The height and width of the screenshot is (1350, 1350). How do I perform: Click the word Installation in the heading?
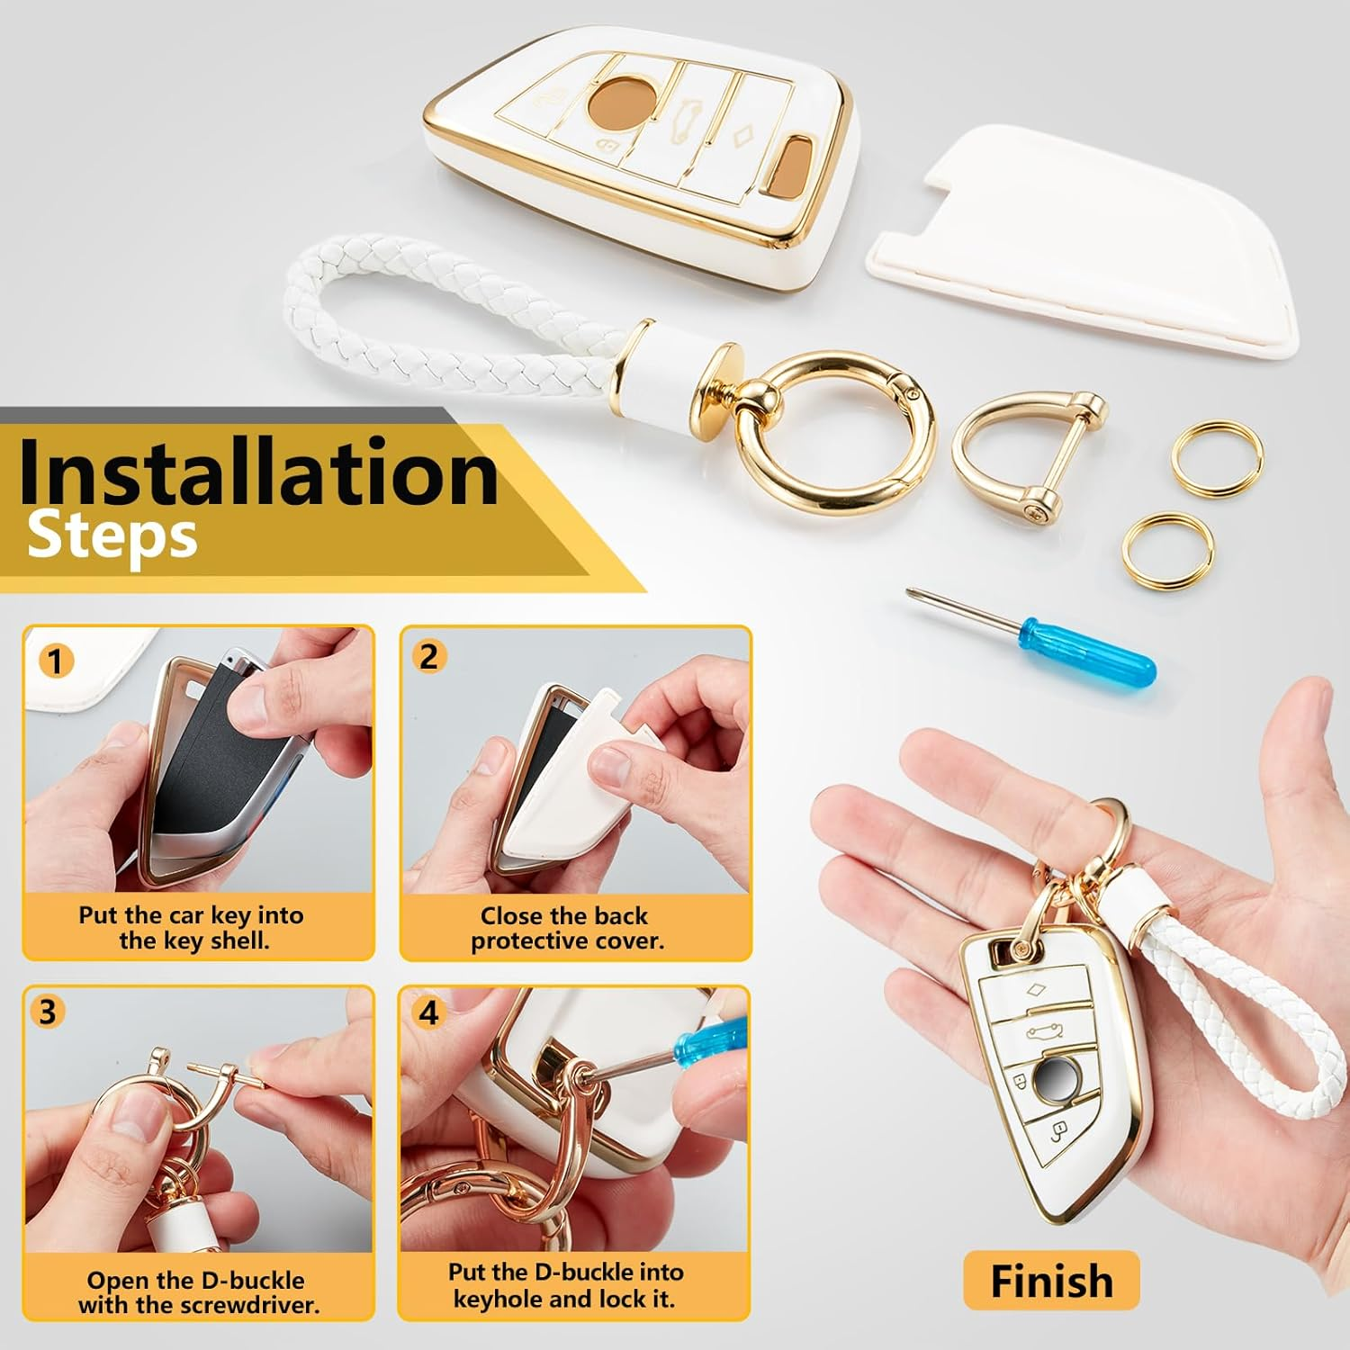pos(257,471)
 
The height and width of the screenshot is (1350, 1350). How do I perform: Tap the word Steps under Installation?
pos(112,536)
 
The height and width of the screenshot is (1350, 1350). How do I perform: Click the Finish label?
pos(1051,1281)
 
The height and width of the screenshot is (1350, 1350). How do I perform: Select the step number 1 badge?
pos(55,661)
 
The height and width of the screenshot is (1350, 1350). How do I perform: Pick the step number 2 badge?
pos(429,656)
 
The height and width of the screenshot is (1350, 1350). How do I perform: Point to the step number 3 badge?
pos(47,1012)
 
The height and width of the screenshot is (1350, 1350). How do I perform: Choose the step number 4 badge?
pos(429,1012)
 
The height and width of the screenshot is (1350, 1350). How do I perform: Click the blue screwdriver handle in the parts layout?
pos(1086,650)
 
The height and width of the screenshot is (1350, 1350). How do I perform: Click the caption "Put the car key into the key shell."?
pos(192,928)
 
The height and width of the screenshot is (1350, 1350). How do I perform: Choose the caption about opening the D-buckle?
pos(198,1292)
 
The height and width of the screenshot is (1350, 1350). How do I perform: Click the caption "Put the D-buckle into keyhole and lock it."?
pos(565,1285)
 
